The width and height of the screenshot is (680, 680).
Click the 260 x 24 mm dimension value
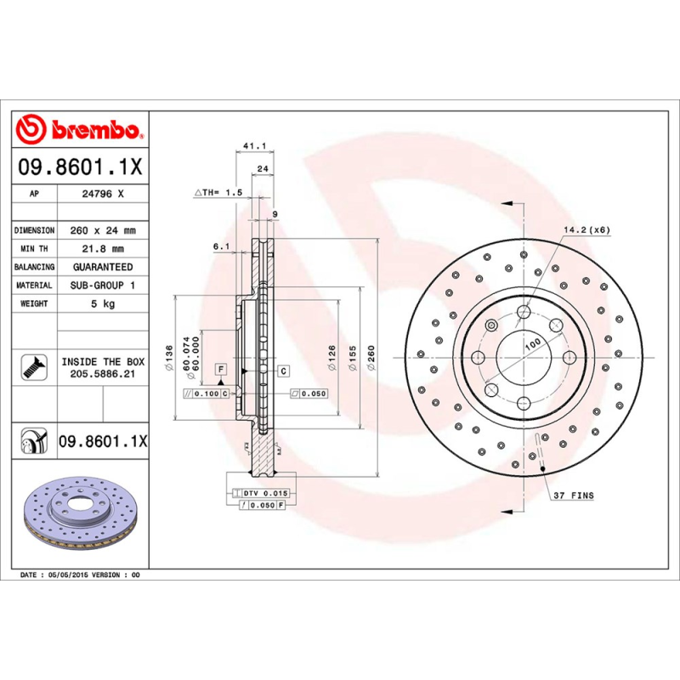102,230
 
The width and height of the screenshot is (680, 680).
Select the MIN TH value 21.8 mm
102,249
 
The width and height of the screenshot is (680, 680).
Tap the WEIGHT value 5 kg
102,303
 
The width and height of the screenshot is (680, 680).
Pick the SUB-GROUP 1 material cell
102,286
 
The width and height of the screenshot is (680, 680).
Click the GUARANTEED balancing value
102,267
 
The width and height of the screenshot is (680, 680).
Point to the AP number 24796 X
102,194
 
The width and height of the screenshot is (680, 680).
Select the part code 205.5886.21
102,373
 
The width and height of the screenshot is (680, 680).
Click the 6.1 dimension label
221,246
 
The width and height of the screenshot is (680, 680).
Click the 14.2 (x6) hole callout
586,229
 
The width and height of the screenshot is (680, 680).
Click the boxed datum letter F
221,369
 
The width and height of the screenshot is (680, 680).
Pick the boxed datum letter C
283,371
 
